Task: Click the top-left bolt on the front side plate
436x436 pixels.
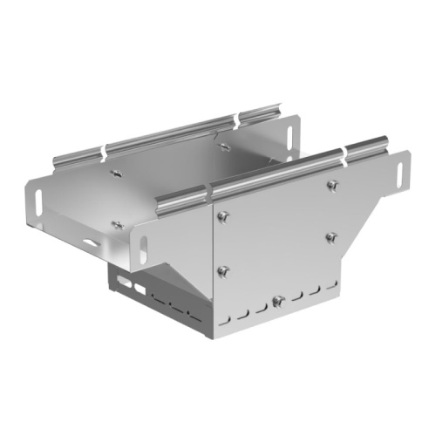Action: (224, 216)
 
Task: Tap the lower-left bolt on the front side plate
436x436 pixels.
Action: (223, 269)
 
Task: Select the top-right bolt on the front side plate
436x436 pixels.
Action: (331, 185)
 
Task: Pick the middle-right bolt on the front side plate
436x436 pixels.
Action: (331, 236)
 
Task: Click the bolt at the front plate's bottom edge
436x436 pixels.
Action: (277, 301)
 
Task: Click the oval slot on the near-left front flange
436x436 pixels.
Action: (142, 238)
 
